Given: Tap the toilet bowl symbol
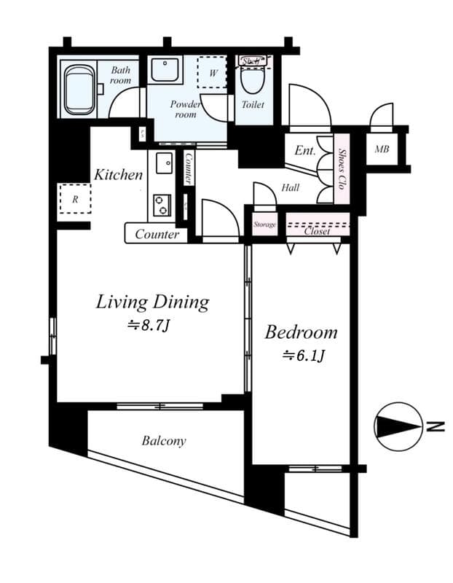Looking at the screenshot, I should [252, 80].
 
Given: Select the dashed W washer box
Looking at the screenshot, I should [213, 73].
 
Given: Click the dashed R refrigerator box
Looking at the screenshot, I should [75, 197].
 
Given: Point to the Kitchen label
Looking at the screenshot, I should [118, 175].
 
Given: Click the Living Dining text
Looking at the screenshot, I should [152, 302].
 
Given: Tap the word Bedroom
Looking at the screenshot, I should [301, 333].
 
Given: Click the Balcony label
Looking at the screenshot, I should [164, 441].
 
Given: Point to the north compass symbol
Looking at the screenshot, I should [398, 427].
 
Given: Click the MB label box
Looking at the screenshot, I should [382, 150].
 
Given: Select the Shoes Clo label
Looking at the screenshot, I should [342, 168].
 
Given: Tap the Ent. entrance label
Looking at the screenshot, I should [304, 152].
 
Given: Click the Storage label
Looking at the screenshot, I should [264, 225].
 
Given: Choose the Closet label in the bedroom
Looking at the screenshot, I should [317, 231].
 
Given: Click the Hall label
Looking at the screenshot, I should [290, 188].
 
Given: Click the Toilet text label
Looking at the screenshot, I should [253, 105].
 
